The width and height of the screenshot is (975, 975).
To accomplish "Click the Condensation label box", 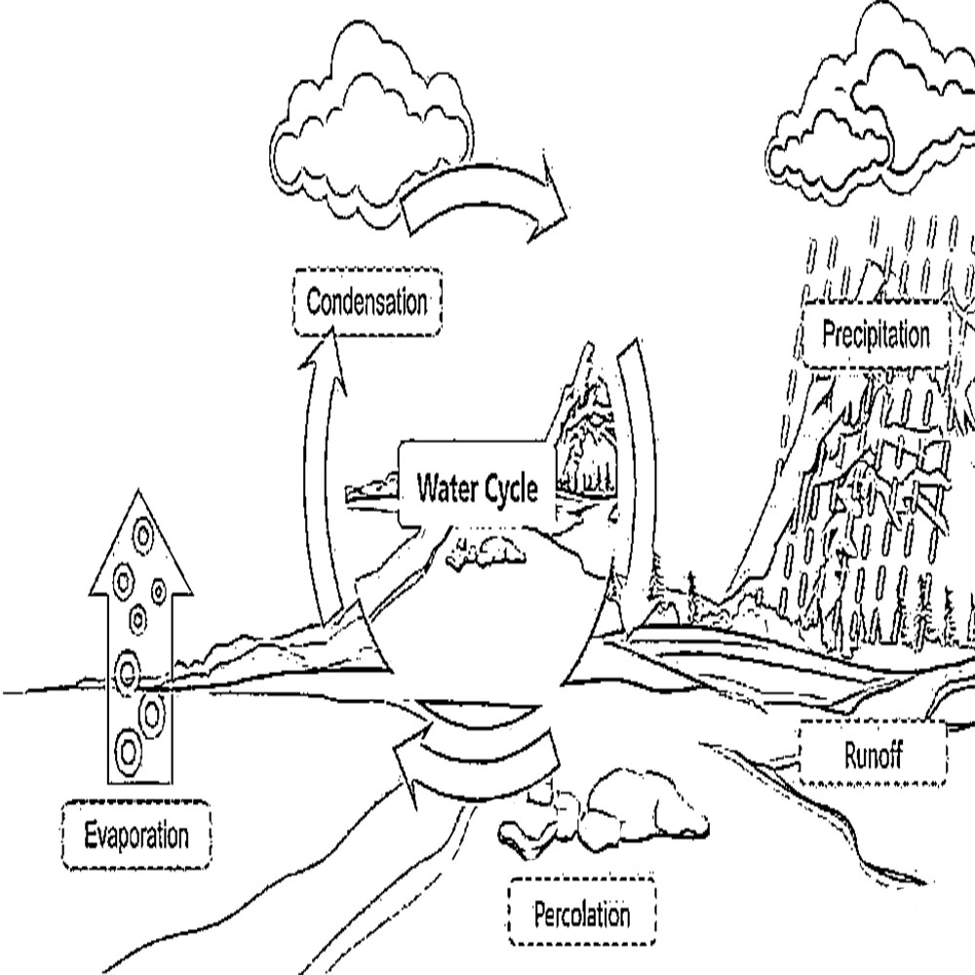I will point(367,302).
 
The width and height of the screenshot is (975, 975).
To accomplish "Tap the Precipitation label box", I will point(875,335).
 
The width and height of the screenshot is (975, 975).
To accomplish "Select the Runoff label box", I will point(873,754).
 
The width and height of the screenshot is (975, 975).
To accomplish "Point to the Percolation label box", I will point(581,915).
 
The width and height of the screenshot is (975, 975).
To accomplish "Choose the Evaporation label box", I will point(136,836).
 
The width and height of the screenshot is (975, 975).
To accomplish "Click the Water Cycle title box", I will point(477,488).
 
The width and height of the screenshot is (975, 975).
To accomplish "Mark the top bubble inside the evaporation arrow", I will point(143,533).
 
